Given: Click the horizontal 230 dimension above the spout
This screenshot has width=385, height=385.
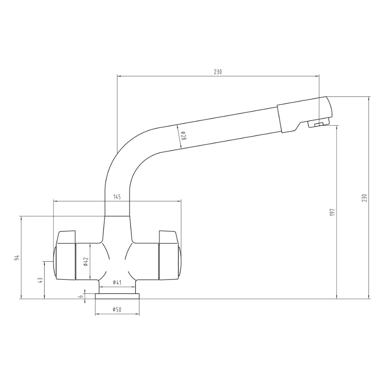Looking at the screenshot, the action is coord(218,72).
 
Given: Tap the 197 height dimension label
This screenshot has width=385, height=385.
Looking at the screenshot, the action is coord(333,213).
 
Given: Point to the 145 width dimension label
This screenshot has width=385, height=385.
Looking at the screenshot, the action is coord(117,197).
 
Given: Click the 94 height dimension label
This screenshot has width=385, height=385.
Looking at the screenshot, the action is coord(17,258).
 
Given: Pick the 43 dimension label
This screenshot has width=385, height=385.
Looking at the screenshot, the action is coord(40,280).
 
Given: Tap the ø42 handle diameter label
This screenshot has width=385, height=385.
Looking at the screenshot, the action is coord(85,261).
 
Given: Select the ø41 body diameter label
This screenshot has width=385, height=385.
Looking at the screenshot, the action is coord(117,283).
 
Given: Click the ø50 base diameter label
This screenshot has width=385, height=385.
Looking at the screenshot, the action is coord(117,310).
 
